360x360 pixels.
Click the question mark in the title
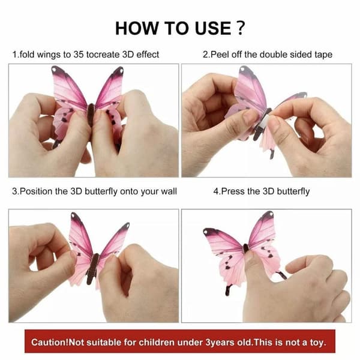pyautogui.click(x=241, y=28)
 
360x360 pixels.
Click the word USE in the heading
pyautogui.click(x=213, y=28)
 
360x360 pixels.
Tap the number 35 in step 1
pyautogui.click(x=79, y=55)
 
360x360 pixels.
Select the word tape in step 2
pyautogui.click(x=323, y=55)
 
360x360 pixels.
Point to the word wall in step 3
pyautogui.click(x=169, y=191)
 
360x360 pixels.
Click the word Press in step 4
pyautogui.click(x=233, y=191)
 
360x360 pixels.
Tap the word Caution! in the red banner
pyautogui.click(x=50, y=343)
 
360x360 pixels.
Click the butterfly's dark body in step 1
pyautogui.click(x=91, y=115)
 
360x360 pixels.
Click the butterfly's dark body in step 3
pyautogui.click(x=93, y=268)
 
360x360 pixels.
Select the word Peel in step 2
pyautogui.click(x=220, y=55)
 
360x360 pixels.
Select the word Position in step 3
pyautogui.click(x=36, y=191)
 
